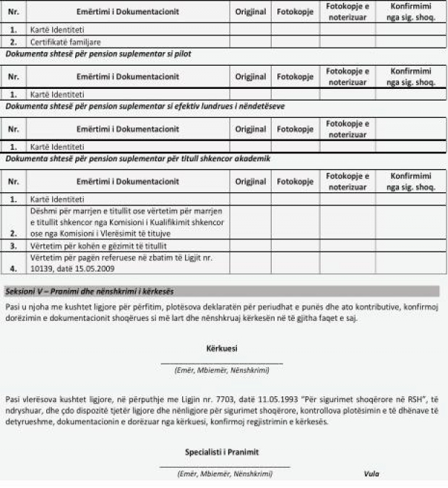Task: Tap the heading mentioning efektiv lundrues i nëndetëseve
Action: (x=145, y=106)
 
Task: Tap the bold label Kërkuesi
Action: (x=222, y=348)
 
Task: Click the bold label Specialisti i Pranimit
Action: (x=222, y=452)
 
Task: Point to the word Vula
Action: (x=371, y=474)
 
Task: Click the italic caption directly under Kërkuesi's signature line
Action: (x=222, y=370)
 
